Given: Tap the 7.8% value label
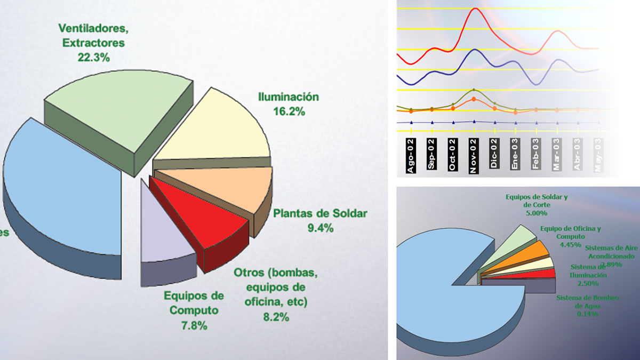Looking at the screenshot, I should pos(193,326).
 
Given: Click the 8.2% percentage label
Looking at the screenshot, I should pos(275,317).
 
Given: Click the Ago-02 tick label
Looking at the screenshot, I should pos(411,155).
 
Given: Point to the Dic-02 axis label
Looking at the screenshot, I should pos(495,155).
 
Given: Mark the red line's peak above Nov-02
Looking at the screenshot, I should pos(475,9).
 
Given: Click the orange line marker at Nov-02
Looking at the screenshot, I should pos(474,99).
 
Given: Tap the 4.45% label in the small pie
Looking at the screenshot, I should pos(570,245).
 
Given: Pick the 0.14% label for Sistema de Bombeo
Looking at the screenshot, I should pos(587,314).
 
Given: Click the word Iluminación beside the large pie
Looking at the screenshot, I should pos(288,97).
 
